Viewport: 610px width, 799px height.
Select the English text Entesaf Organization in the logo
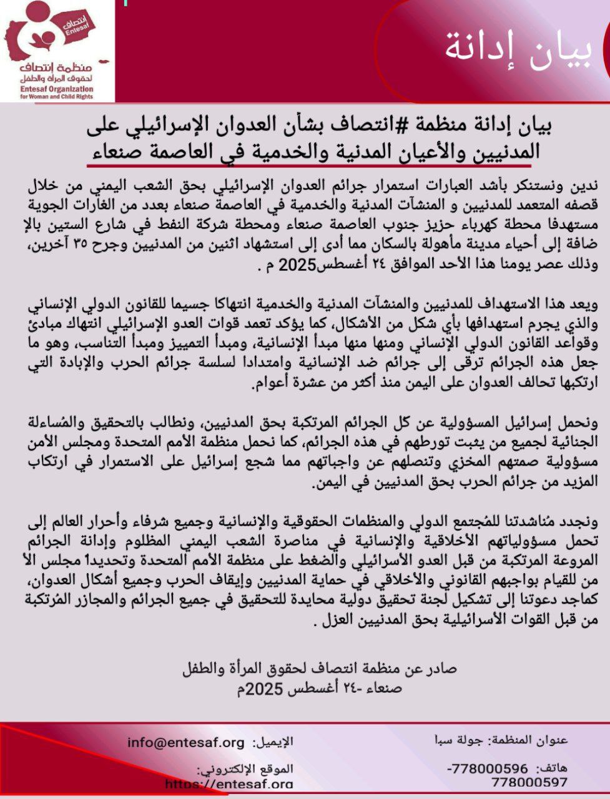pyautogui.click(x=57, y=89)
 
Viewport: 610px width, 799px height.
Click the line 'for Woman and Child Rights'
pyautogui.click(x=56, y=97)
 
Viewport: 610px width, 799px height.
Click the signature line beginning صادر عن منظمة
pyautogui.click(x=320, y=668)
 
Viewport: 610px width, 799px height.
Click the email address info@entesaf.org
pyautogui.click(x=186, y=742)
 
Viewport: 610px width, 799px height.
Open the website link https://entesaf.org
pyautogui.click(x=230, y=784)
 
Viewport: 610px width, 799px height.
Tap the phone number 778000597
pyautogui.click(x=529, y=782)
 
